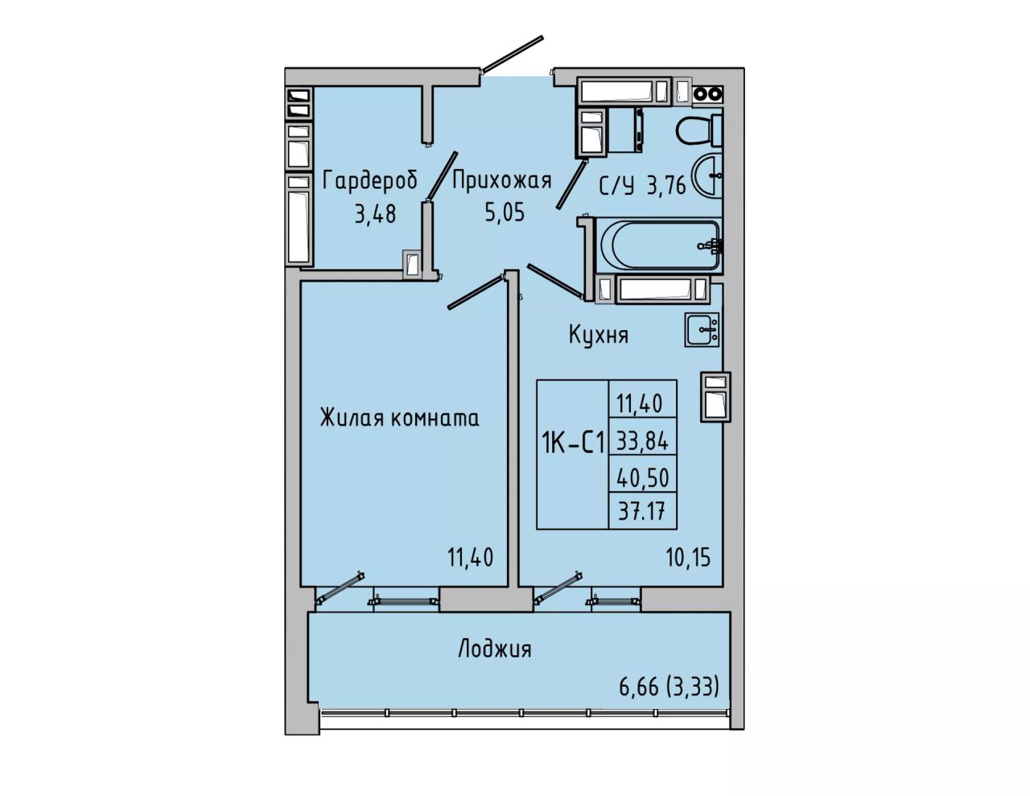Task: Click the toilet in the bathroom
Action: click(698, 130)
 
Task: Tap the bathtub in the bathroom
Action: click(659, 245)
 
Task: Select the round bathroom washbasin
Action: click(707, 175)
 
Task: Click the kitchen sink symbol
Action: click(702, 329)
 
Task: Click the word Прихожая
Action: click(502, 181)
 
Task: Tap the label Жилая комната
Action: click(400, 419)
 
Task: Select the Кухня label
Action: click(598, 335)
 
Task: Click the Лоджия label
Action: click(495, 649)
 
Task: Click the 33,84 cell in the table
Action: click(642, 442)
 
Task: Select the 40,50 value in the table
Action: click(642, 478)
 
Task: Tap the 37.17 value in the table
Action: click(642, 512)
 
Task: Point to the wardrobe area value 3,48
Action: click(375, 214)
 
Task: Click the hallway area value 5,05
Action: click(505, 212)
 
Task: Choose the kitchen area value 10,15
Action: click(688, 558)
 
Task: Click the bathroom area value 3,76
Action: click(666, 186)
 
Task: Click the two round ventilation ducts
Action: click(707, 94)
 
